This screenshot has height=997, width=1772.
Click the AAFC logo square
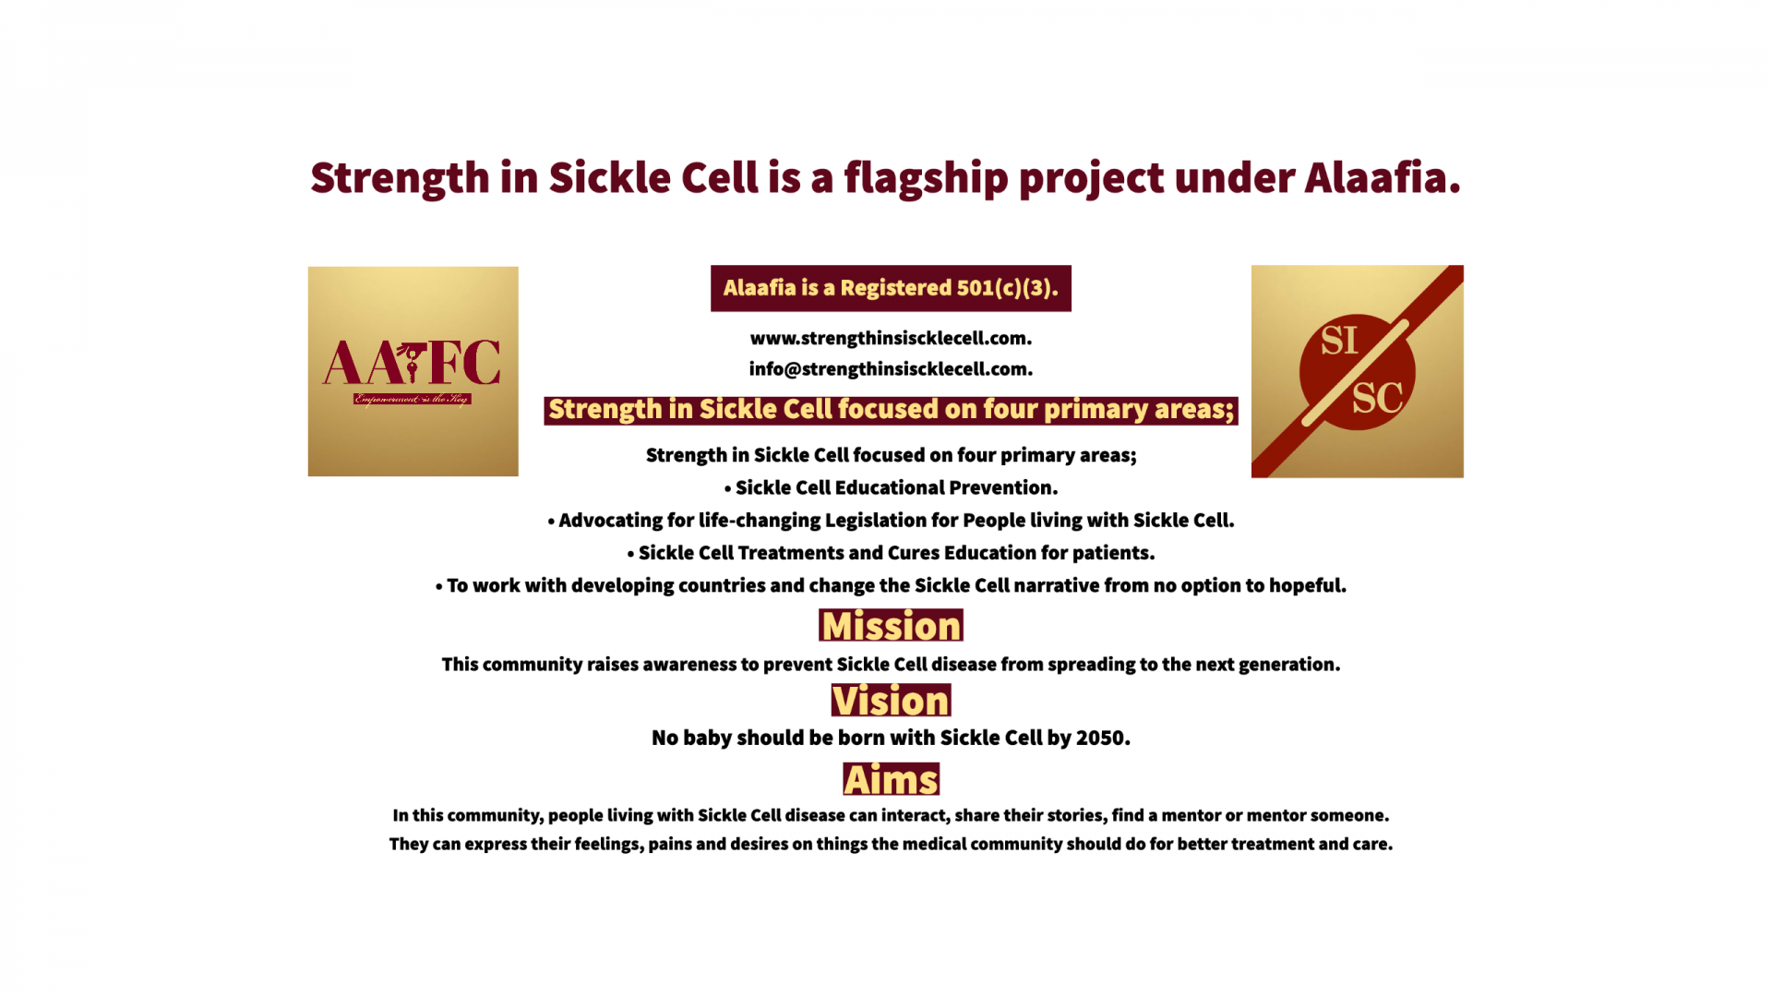[413, 371]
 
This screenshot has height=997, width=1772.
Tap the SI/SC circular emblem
[1357, 372]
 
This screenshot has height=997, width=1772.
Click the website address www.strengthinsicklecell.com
[891, 338]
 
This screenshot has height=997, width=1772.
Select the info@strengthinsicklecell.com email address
[891, 369]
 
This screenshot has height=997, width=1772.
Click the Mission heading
[891, 626]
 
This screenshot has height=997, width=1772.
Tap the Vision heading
[891, 701]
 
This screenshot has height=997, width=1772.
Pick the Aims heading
[891, 779]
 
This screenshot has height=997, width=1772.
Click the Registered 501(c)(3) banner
[891, 288]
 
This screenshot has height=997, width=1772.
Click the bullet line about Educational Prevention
[891, 487]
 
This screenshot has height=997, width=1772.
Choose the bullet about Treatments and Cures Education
[891, 553]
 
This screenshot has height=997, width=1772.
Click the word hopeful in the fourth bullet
[1308, 586]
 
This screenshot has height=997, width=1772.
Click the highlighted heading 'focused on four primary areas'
[891, 410]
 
